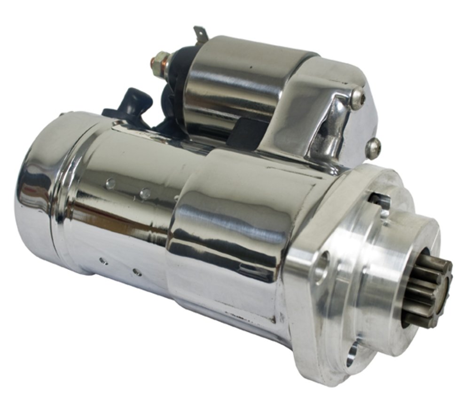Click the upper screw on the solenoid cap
pyautogui.click(x=358, y=98)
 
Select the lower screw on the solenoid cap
pyautogui.click(x=373, y=148)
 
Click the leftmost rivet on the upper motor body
pyautogui.click(x=110, y=184)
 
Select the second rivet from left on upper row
pyautogui.click(x=146, y=192)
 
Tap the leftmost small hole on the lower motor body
pyautogui.click(x=102, y=261)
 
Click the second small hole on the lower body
pyautogui.click(x=136, y=271)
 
